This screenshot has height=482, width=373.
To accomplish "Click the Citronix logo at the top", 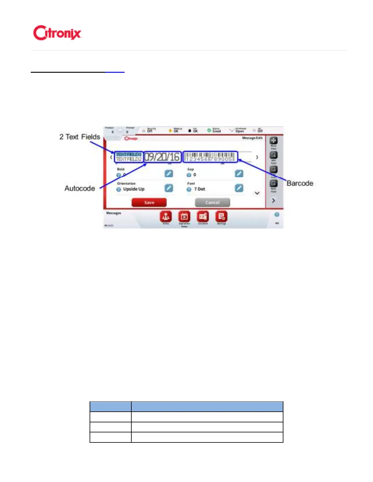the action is click(x=57, y=33).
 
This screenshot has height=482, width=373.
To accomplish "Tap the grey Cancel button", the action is click(x=212, y=202).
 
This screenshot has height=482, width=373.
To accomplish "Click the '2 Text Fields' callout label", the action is click(x=80, y=137).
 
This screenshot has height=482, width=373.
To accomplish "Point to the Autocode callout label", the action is click(x=80, y=188).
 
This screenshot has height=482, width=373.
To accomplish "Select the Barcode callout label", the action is click(x=300, y=183).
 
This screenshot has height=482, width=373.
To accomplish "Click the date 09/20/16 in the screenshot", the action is click(x=162, y=157).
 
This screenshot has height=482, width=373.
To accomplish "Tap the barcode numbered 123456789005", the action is click(x=210, y=157).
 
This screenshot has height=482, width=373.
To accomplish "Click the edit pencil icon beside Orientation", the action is click(x=169, y=188).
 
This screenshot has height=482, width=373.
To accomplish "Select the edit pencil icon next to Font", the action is click(x=239, y=188).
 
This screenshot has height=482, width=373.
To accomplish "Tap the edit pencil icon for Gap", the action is click(x=239, y=174).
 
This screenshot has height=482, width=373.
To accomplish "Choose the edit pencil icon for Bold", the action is click(x=169, y=174).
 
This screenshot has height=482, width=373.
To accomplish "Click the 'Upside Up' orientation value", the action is click(x=133, y=189).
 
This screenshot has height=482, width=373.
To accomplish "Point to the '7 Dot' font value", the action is click(x=200, y=189).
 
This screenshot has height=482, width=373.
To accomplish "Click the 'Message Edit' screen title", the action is click(x=252, y=138).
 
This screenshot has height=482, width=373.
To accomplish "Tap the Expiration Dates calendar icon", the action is click(x=184, y=217).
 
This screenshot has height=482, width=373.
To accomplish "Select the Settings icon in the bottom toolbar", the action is click(x=221, y=217).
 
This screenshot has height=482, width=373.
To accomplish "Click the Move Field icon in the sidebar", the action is click(x=273, y=141).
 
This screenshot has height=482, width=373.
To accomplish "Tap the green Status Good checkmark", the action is click(x=209, y=130).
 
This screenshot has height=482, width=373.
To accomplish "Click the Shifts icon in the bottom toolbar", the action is click(x=166, y=217).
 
